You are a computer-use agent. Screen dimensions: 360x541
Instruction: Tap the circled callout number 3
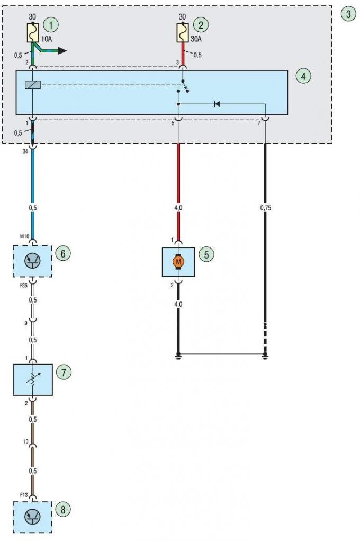point(348,14)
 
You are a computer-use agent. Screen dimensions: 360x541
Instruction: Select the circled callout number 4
point(303,76)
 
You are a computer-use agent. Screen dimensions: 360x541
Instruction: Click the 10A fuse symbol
point(33,33)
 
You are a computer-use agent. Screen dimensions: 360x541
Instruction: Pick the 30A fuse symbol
point(183,33)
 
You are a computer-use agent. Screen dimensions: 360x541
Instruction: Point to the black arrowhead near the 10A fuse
point(62,51)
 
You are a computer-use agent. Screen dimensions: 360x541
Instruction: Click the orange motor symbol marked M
point(178,262)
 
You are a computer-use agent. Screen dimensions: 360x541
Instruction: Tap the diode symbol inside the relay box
point(217,103)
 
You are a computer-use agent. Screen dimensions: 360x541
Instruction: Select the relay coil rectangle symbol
point(33,85)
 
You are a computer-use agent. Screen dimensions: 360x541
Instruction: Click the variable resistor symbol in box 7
point(33,379)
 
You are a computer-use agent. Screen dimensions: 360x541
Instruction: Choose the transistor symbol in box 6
point(33,261)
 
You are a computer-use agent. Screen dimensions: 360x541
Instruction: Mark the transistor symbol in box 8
point(33,517)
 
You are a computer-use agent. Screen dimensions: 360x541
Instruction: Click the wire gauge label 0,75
point(266,208)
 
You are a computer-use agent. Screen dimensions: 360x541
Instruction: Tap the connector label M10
point(24,237)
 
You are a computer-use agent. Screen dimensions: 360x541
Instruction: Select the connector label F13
point(23,495)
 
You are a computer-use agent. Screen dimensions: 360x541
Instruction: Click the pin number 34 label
point(25,151)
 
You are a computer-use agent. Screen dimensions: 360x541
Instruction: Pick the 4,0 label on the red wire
point(178,208)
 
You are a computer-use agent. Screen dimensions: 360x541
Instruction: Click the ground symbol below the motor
point(178,356)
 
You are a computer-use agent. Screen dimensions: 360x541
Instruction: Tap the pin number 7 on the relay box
point(259,123)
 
